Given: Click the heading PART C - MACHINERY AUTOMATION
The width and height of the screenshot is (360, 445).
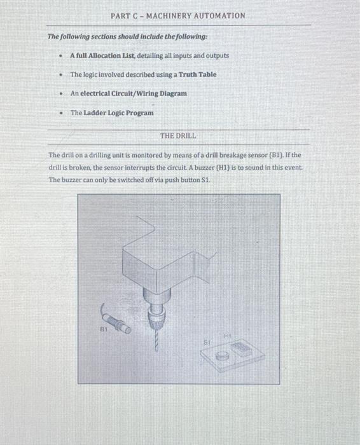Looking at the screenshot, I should (x=177, y=15).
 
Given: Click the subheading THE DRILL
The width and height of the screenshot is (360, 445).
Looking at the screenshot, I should (x=178, y=136).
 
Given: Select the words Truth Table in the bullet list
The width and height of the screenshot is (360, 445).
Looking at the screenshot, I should (x=197, y=74).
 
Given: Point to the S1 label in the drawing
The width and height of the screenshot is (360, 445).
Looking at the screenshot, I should (x=207, y=341).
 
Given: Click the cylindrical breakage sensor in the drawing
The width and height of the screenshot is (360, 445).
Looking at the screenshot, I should (x=120, y=321).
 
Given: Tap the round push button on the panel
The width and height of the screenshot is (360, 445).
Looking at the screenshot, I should (x=222, y=357).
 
